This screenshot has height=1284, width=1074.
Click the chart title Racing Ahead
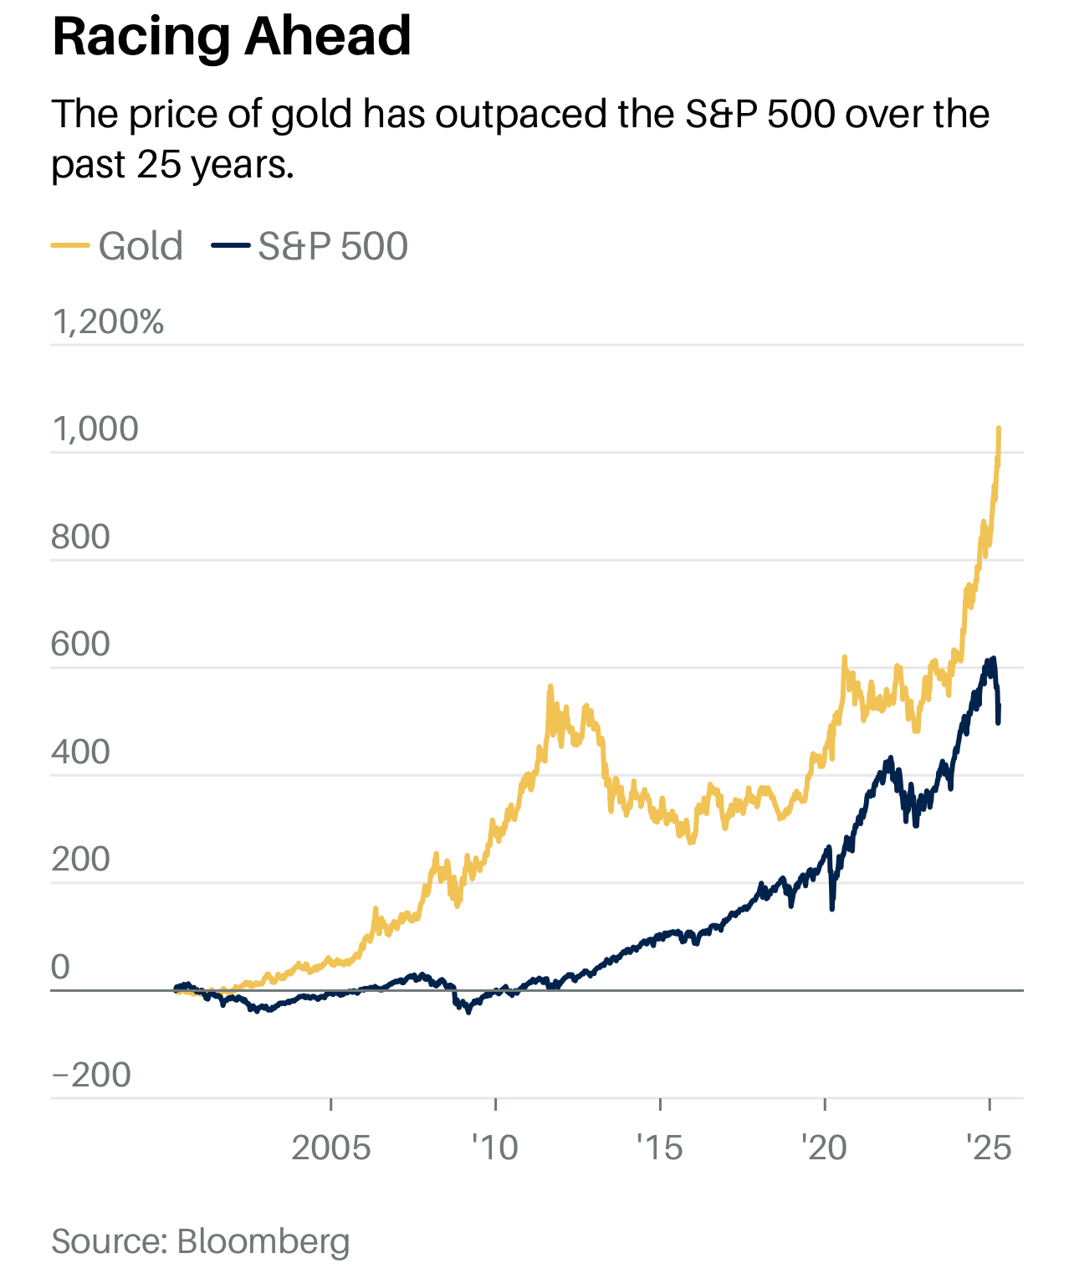pyautogui.click(x=232, y=37)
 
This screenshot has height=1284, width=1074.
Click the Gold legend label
pyautogui.click(x=141, y=246)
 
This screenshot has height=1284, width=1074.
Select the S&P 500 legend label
pyautogui.click(x=333, y=246)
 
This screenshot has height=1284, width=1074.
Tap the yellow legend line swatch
pyautogui.click(x=70, y=245)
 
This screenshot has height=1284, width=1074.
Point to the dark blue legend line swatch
pyautogui.click(x=230, y=245)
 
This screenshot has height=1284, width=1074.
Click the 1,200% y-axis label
pyautogui.click(x=108, y=322)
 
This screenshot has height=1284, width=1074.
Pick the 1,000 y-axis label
pyautogui.click(x=95, y=429)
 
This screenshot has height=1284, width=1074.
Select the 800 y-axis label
pyautogui.click(x=80, y=537)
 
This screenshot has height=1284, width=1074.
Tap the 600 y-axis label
pyautogui.click(x=80, y=645)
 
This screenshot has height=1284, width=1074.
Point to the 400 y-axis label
pyautogui.click(x=80, y=752)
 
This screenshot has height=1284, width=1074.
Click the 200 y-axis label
pyautogui.click(x=80, y=860)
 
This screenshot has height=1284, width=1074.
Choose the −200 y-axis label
pyautogui.click(x=91, y=1075)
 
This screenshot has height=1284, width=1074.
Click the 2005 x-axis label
pyautogui.click(x=330, y=1148)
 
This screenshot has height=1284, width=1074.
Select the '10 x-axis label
pyautogui.click(x=495, y=1148)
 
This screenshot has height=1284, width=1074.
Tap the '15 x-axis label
pyautogui.click(x=660, y=1148)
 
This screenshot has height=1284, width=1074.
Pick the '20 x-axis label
pyautogui.click(x=824, y=1148)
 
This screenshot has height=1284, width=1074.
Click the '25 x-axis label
pyautogui.click(x=989, y=1148)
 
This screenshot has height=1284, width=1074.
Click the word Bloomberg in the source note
pyautogui.click(x=263, y=1241)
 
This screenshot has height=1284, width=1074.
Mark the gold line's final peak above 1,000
pyautogui.click(x=999, y=429)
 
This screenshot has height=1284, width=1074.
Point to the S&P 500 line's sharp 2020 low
pyautogui.click(x=831, y=908)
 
